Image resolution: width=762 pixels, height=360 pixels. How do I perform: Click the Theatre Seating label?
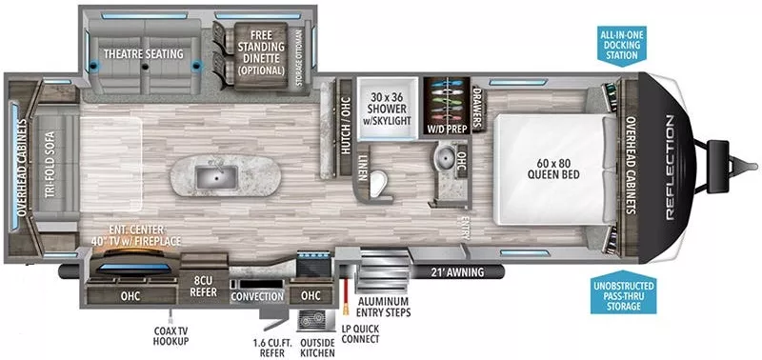click(x=144, y=53)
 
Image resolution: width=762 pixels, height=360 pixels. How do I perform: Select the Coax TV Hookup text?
click(x=170, y=334)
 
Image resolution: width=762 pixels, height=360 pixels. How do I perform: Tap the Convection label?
click(x=257, y=296)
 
